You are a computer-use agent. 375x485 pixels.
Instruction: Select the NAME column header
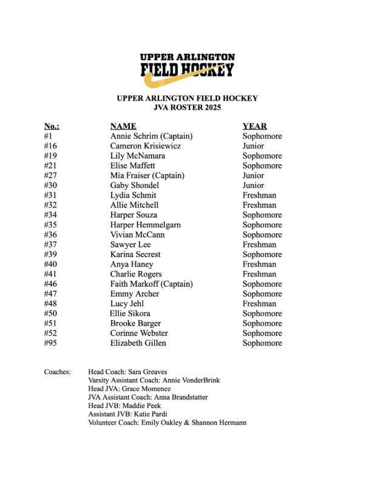123,126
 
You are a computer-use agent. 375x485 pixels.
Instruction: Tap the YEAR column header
255,126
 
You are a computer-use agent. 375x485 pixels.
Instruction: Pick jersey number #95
52,343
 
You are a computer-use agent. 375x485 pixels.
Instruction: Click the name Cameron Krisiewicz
145,146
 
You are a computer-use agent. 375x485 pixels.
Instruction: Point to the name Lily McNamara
137,156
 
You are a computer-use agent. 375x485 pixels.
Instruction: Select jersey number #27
52,176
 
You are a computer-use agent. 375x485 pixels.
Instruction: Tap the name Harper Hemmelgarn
145,225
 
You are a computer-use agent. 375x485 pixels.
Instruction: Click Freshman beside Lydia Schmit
260,195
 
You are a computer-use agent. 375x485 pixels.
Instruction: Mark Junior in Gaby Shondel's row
253,186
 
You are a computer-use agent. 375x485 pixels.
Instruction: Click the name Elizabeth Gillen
138,343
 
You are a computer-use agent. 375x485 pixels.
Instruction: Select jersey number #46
52,284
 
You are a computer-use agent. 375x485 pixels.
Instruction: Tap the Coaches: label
57,371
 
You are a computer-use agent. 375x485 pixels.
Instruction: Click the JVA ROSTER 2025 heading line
187,108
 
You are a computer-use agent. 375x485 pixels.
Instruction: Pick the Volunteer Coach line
167,422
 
